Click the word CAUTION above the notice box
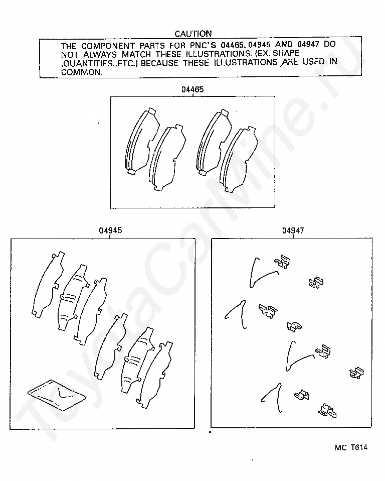pyautogui.click(x=193, y=34)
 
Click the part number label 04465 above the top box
pyautogui.click(x=192, y=89)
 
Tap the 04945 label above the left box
pyautogui.click(x=110, y=230)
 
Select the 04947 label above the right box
pyautogui.click(x=293, y=230)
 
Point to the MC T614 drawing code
pyautogui.click(x=351, y=447)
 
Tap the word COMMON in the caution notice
pyautogui.click(x=82, y=72)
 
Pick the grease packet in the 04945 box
pyautogui.click(x=57, y=395)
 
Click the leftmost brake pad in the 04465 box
pyautogui.click(x=142, y=142)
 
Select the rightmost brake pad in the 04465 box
pyautogui.click(x=239, y=160)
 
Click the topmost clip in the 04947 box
pyautogui.click(x=282, y=262)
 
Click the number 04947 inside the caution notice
pyautogui.click(x=308, y=45)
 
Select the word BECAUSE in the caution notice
pyautogui.click(x=159, y=63)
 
